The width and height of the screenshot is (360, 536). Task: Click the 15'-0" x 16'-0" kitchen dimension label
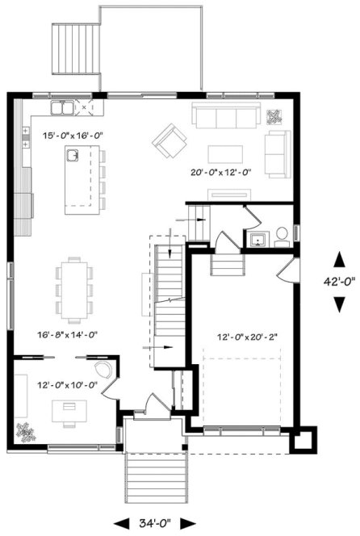tap(73, 135)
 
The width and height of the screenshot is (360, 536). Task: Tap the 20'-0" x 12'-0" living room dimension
tap(221, 171)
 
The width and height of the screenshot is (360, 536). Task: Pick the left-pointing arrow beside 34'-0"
tap(121, 523)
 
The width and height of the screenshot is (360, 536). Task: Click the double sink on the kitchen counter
tap(63, 107)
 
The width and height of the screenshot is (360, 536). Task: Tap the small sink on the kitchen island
tap(73, 155)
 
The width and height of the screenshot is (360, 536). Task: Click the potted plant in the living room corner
tap(276, 115)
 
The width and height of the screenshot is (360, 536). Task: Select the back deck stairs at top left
tap(74, 48)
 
